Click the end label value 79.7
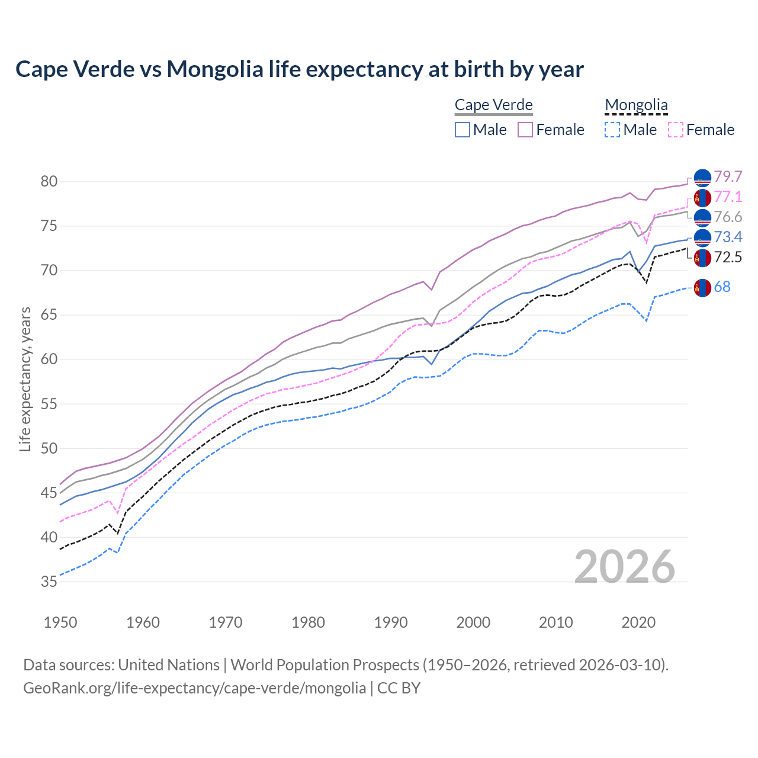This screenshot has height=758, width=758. pyautogui.click(x=728, y=177)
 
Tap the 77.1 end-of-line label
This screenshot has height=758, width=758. pyautogui.click(x=728, y=197)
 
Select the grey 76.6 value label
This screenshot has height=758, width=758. pyautogui.click(x=728, y=217)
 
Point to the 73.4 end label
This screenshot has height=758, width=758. pyautogui.click(x=728, y=237)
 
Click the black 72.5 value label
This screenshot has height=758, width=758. pyautogui.click(x=728, y=258)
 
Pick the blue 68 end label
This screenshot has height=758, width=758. pyautogui.click(x=722, y=287)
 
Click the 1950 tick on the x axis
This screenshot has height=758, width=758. pyautogui.click(x=60, y=622)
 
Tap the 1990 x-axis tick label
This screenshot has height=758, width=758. pyautogui.click(x=391, y=622)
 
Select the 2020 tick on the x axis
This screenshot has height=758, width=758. pyautogui.click(x=639, y=622)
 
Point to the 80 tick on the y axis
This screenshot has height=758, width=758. pyautogui.click(x=49, y=182)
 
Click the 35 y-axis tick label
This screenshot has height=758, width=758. pyautogui.click(x=49, y=582)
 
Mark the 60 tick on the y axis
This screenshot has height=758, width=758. pyautogui.click(x=49, y=359)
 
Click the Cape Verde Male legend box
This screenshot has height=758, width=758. pyautogui.click(x=462, y=130)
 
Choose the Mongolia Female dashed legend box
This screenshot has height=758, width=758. pyautogui.click(x=676, y=130)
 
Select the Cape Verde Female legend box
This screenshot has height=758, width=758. pyautogui.click(x=526, y=130)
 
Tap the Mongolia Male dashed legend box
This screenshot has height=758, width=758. pyautogui.click(x=612, y=130)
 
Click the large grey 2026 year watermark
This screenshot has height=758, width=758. pyautogui.click(x=625, y=567)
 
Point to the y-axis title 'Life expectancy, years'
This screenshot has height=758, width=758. pyautogui.click(x=25, y=379)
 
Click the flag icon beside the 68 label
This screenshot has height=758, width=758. pyautogui.click(x=702, y=288)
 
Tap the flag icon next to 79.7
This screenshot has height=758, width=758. pyautogui.click(x=702, y=178)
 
